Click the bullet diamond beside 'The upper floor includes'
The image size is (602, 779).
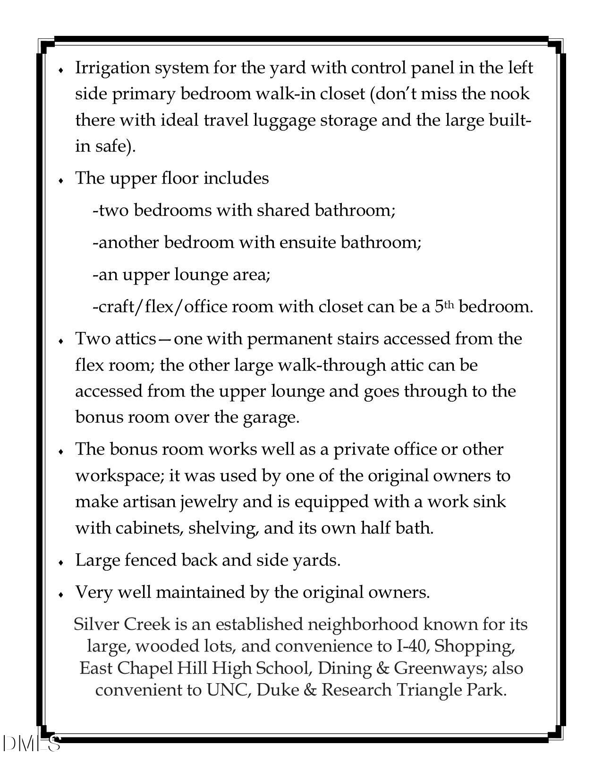click(61, 180)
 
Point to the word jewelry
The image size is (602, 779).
click(208, 501)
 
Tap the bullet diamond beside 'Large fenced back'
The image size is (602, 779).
click(61, 562)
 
